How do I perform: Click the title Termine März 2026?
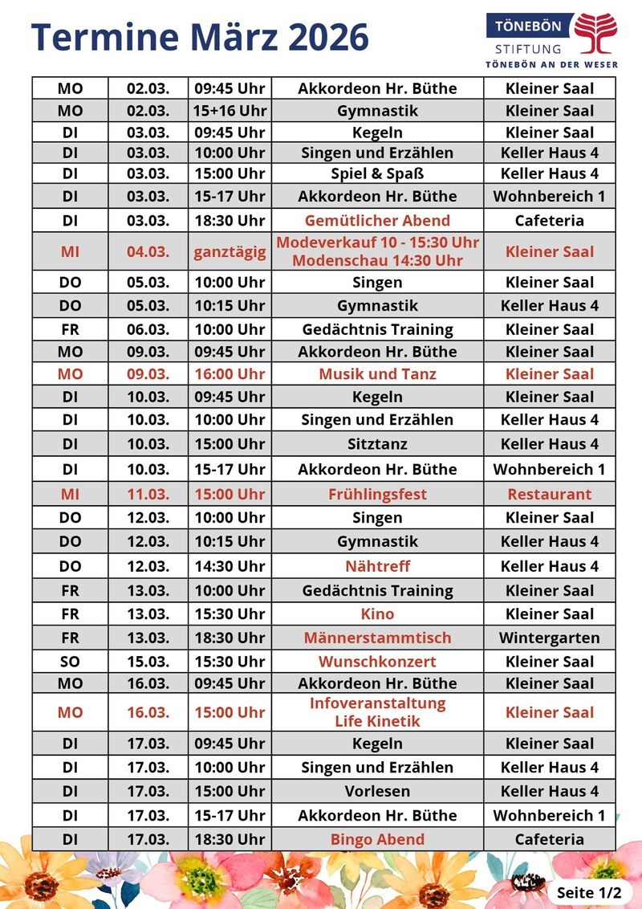point(200,37)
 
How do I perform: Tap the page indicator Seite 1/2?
point(589,892)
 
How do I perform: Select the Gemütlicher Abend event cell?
point(377,221)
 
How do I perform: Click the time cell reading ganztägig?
point(230,251)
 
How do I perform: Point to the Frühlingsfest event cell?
point(377,494)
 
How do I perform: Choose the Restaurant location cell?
point(549,494)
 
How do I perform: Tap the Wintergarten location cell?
point(549,638)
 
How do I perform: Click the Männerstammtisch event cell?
point(377,638)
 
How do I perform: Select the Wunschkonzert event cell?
point(377,662)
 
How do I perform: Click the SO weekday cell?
point(71,662)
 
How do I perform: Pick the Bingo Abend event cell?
point(377,839)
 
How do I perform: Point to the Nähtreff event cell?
point(377,566)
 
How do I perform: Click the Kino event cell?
point(377,614)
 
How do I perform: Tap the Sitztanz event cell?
point(377,444)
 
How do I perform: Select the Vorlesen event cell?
point(377,791)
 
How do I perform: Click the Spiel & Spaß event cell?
point(377,173)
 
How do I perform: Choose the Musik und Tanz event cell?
point(377,374)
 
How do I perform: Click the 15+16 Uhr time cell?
point(230,111)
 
